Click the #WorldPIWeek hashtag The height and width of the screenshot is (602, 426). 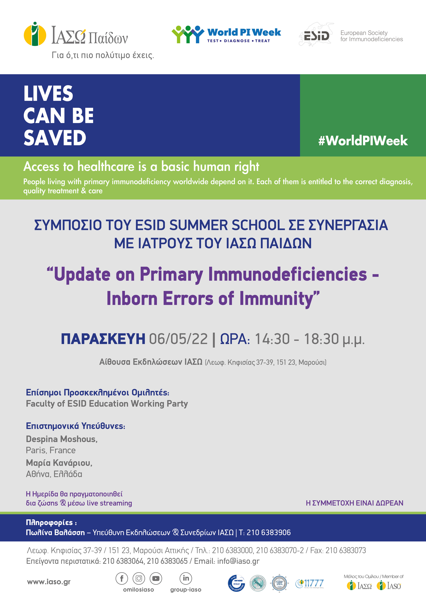click(x=363, y=141)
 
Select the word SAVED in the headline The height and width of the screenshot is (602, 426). click(x=55, y=138)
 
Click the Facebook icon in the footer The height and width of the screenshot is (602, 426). click(x=122, y=578)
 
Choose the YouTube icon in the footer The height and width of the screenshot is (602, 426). click(x=156, y=578)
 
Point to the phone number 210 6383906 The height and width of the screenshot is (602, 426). click(x=269, y=532)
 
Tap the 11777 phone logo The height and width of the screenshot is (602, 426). click(x=310, y=584)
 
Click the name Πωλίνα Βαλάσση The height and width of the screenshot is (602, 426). click(x=55, y=532)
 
